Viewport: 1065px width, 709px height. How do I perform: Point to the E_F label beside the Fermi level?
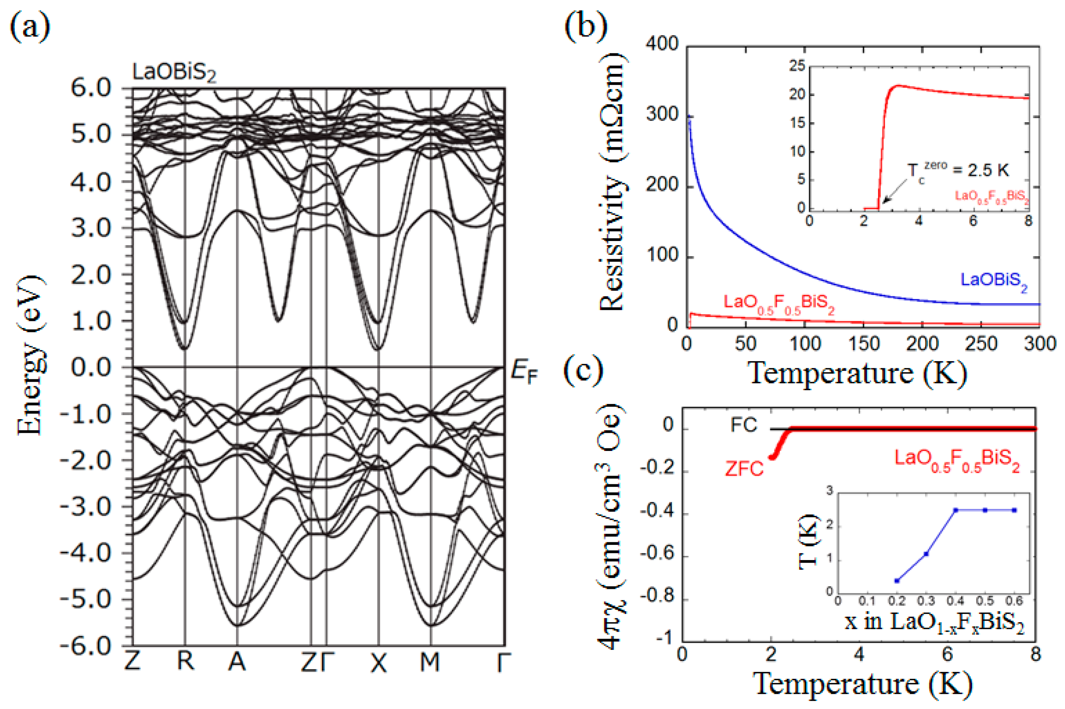524,372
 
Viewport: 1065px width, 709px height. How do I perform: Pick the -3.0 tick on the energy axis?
86,507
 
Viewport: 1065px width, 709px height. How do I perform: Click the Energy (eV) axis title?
31,355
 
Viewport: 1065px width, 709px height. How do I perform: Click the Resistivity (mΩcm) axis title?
612,181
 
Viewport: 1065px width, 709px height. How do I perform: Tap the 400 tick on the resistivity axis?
662,44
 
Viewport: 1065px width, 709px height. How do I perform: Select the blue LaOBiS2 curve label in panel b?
993,281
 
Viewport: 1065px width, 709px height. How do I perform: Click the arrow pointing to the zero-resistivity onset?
894,190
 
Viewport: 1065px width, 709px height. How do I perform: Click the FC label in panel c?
744,425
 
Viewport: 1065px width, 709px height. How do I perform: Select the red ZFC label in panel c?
744,469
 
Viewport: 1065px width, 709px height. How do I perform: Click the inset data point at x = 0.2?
897,581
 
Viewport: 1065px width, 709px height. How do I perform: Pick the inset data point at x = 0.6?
1014,510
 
